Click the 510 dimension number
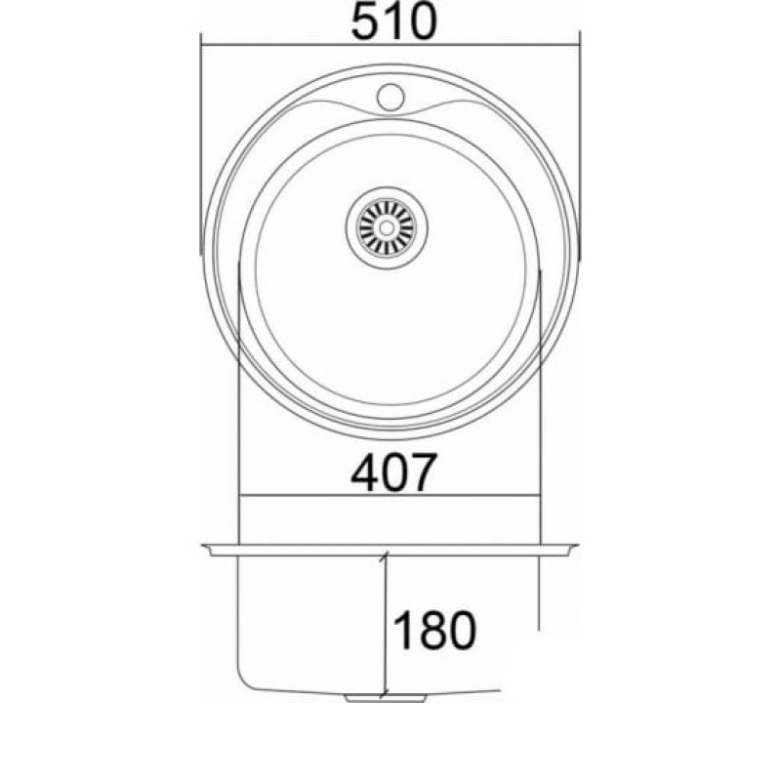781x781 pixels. pos(393,22)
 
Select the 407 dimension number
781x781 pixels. pos(393,472)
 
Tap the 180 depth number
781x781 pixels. pos(434,630)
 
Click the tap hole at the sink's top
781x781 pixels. pos(390,97)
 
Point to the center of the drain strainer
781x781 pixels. pos(387,227)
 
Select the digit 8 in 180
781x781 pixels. pos(432,630)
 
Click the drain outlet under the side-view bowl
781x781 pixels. pos(386,698)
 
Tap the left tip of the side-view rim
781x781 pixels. pos(202,547)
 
